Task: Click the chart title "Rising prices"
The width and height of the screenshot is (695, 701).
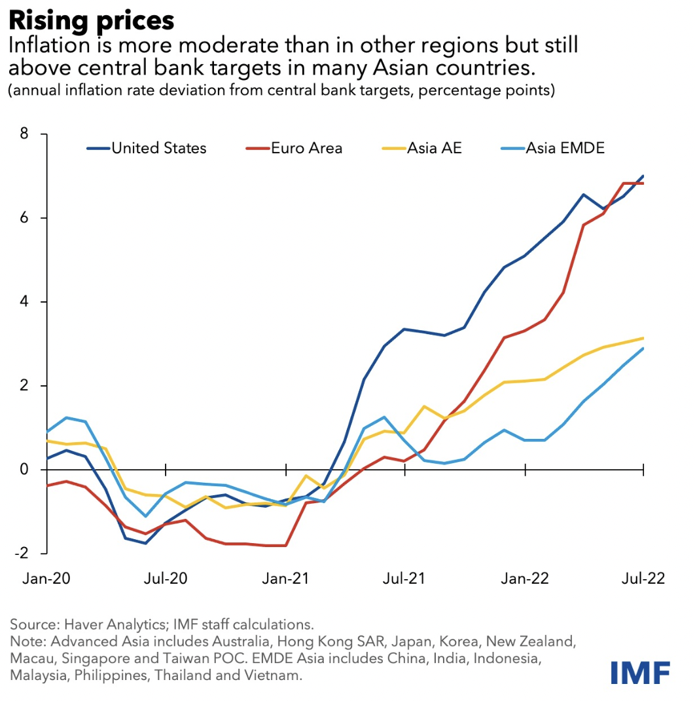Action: click(92, 21)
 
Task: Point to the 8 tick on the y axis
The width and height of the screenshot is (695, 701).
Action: click(25, 134)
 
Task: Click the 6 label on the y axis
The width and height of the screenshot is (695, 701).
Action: click(25, 218)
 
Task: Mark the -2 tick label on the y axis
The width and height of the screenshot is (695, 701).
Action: click(22, 553)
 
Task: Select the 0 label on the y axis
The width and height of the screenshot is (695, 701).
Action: click(25, 470)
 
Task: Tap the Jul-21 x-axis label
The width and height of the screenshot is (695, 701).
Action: click(404, 579)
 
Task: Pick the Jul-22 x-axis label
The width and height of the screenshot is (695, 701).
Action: click(643, 579)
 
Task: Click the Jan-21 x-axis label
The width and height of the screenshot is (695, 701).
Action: click(285, 579)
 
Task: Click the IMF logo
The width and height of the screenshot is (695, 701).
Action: click(640, 673)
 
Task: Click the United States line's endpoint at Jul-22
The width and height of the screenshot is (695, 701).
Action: click(644, 176)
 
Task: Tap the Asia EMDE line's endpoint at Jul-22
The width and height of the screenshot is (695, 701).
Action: click(644, 348)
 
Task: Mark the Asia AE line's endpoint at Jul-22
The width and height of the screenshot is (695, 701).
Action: click(644, 338)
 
